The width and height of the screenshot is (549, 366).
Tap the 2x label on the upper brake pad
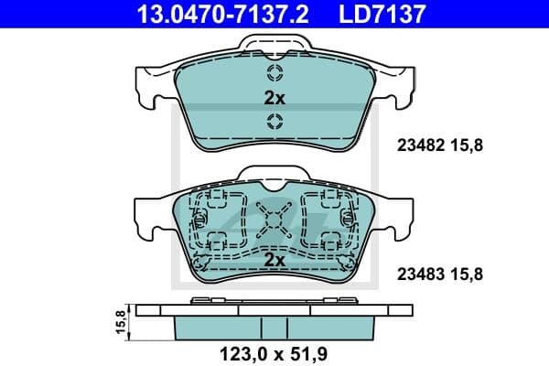pos(274,97)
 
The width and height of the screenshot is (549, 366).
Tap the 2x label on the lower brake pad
pos(274,261)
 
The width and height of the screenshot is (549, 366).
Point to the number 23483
pos(417,273)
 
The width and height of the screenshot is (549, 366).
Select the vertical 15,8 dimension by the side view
pos(119,321)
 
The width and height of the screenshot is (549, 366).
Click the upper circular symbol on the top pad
pos(274,74)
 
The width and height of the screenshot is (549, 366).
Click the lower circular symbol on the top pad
pos(274,123)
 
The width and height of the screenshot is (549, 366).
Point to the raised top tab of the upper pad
pos(274,45)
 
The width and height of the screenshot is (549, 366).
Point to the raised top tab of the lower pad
pos(274,175)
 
